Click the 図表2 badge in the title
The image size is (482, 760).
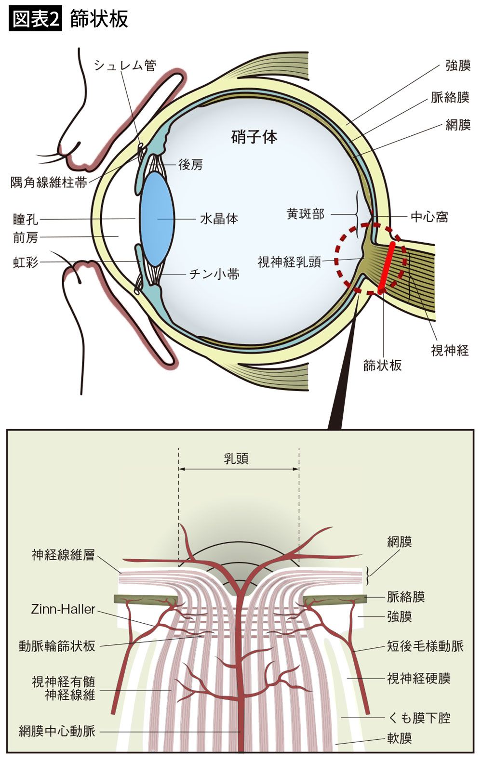tap(36, 19)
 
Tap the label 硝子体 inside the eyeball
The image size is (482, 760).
tap(254, 137)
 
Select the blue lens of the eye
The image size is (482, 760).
tap(157, 219)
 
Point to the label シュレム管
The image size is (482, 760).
tap(125, 66)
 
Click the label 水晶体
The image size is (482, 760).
tap(219, 219)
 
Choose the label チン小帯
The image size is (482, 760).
tap(214, 275)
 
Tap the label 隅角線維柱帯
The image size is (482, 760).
tap(49, 183)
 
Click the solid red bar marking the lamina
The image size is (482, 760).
tap(386, 267)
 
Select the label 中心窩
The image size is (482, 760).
tap(429, 217)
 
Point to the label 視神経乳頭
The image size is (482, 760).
tap(289, 262)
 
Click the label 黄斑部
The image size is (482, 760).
tap(306, 214)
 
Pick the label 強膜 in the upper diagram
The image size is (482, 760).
tap(458, 66)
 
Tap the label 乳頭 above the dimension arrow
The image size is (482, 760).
tap(236, 458)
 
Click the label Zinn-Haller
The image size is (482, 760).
tap(63, 609)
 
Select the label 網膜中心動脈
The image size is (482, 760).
tap(57, 731)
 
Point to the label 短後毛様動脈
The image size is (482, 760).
tap(425, 646)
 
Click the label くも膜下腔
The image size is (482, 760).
tap(419, 718)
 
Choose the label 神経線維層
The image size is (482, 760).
tap(63, 555)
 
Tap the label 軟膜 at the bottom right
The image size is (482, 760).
tap(400, 738)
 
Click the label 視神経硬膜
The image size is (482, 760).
tap(419, 679)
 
